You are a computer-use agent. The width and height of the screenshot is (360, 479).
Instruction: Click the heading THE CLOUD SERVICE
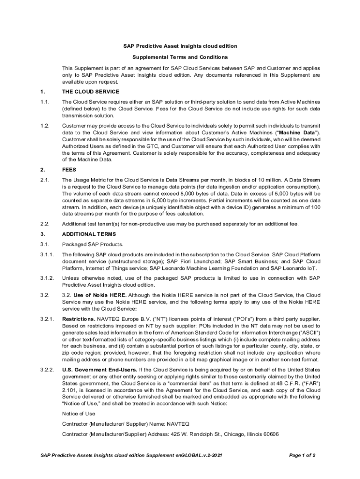click(x=90, y=91)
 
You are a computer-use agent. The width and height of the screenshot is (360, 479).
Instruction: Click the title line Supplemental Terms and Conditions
click(x=180, y=57)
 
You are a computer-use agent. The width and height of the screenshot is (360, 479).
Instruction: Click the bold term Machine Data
click(x=297, y=132)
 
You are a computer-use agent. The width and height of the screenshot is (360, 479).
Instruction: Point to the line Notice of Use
click(x=79, y=414)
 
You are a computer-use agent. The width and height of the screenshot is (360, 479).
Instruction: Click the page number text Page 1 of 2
click(x=302, y=455)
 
